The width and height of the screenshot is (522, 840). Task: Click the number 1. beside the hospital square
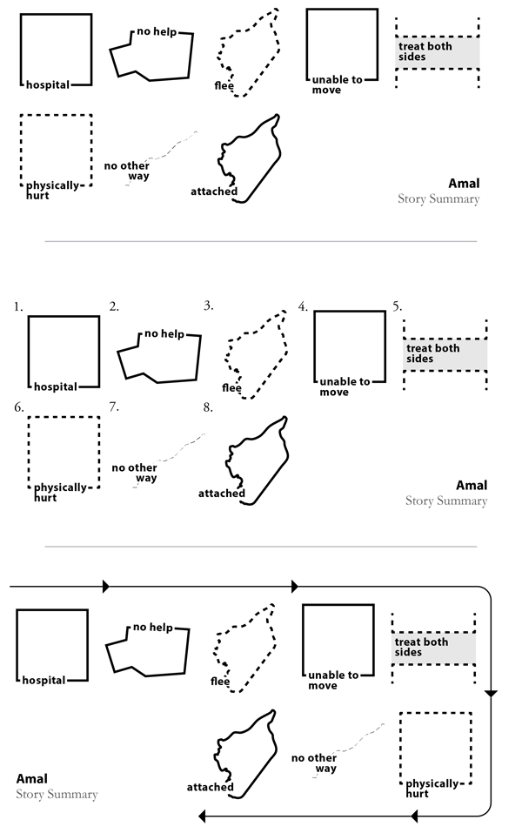(18, 306)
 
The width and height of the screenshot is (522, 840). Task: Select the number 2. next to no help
(114, 306)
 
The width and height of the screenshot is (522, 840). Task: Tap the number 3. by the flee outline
(209, 306)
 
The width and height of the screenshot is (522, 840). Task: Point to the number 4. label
(303, 306)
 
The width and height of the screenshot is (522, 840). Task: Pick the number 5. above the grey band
(397, 306)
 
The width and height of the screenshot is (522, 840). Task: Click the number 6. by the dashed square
(18, 407)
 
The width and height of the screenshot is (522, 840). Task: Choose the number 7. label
(114, 407)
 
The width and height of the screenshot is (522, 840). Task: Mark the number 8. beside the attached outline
(209, 407)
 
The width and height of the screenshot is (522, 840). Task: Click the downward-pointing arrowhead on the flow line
(491, 694)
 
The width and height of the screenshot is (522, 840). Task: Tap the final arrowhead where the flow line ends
(202, 816)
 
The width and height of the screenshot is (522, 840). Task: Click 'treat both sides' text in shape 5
(432, 353)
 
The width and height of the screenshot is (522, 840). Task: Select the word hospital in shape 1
(56, 386)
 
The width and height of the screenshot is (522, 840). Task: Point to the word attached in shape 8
(221, 494)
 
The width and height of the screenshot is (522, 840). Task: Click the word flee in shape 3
(231, 388)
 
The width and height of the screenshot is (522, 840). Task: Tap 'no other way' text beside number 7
(134, 473)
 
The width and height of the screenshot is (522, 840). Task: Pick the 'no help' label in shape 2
(163, 333)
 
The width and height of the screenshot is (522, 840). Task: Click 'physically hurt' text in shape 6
(59, 493)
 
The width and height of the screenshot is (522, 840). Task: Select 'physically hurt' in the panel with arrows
(431, 789)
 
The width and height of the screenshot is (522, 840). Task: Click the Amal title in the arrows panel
(32, 778)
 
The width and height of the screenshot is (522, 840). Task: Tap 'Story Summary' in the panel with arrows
(57, 794)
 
